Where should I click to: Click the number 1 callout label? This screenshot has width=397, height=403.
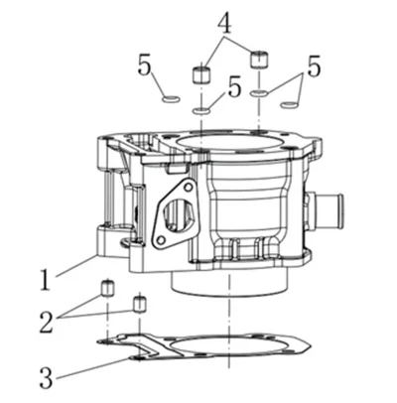[46, 280]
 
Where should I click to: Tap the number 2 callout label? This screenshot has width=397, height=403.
[47, 321]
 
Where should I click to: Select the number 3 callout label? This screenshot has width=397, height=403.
[46, 377]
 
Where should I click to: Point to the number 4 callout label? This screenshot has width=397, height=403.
[224, 22]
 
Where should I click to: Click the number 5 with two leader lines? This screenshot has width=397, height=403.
[314, 67]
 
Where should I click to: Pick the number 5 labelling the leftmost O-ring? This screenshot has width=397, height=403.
[145, 66]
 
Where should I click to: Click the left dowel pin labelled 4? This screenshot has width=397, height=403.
[201, 74]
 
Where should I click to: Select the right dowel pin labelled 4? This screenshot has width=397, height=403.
[259, 60]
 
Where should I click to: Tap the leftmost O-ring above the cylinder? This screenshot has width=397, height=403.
[172, 98]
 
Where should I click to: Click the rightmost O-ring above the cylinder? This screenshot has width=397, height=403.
[289, 105]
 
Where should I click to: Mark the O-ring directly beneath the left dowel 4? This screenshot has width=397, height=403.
[201, 111]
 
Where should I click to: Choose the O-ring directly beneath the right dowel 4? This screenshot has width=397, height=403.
[259, 93]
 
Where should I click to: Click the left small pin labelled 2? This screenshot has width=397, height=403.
[107, 287]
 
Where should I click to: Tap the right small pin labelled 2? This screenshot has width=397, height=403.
[139, 304]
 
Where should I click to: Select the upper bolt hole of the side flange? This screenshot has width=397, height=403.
[188, 188]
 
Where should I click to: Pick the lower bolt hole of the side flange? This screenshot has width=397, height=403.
[161, 239]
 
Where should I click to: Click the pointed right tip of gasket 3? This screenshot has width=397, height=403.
[311, 346]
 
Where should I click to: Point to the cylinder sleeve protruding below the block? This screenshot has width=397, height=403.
[228, 284]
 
